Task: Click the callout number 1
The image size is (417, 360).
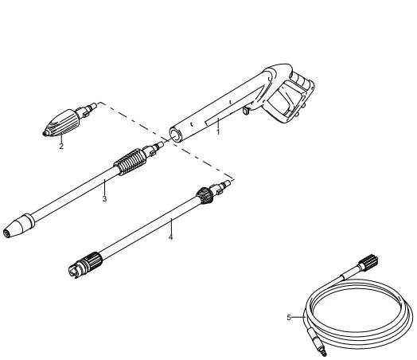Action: (218, 131)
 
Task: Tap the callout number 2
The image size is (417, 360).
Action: (61, 146)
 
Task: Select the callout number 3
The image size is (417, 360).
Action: (104, 198)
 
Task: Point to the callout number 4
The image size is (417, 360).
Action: (171, 237)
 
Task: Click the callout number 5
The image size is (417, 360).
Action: (289, 318)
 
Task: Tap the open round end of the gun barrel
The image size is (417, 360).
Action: (176, 135)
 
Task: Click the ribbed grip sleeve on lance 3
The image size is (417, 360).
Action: (131, 161)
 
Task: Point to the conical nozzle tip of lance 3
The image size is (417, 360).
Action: (18, 225)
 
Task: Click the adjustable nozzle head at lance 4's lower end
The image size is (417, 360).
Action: (85, 264)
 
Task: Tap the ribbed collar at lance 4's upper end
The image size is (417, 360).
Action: (205, 195)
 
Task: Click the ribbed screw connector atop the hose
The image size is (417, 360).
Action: (368, 262)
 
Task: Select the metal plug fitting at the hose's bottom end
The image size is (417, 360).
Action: (317, 342)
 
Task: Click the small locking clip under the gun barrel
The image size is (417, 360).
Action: (246, 111)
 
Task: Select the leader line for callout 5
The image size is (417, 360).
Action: (298, 317)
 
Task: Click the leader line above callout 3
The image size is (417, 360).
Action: (104, 187)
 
